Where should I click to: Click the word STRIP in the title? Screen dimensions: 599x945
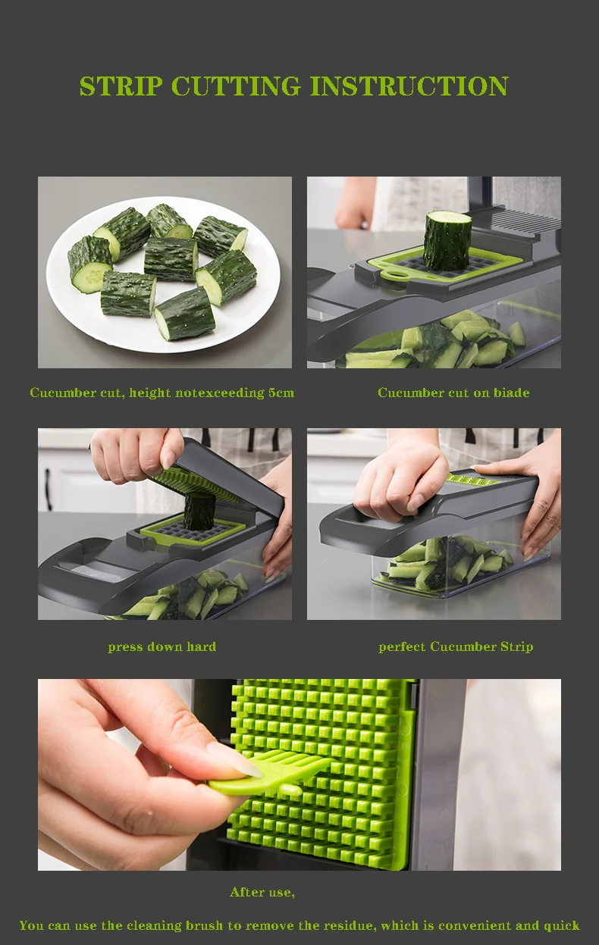(121, 86)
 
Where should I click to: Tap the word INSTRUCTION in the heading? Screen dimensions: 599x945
(409, 86)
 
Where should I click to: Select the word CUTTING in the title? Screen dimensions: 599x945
(236, 86)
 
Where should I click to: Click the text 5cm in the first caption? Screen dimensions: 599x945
(281, 393)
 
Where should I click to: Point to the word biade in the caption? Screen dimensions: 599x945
(512, 393)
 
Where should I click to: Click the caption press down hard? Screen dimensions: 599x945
(162, 646)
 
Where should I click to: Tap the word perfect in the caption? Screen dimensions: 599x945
(403, 647)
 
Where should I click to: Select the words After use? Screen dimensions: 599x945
(262, 892)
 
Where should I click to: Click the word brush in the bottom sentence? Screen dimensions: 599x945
(204, 925)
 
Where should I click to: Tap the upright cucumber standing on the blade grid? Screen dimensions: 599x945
(447, 240)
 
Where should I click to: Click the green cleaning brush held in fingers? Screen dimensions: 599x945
(270, 773)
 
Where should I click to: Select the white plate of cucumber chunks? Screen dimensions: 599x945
(163, 274)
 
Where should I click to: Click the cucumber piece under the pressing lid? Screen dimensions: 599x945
(199, 512)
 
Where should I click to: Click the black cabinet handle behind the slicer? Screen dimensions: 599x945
(49, 489)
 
